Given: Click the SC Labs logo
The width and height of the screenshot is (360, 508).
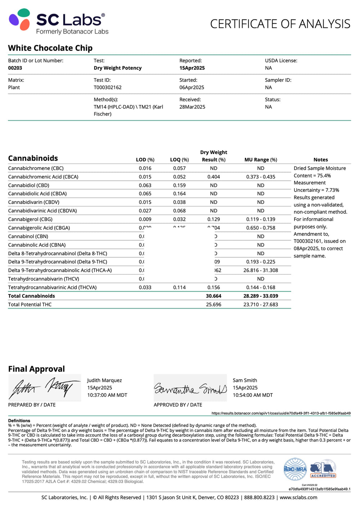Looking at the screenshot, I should [x=58, y=22].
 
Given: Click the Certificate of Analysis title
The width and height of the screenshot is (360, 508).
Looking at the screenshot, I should [x=280, y=24].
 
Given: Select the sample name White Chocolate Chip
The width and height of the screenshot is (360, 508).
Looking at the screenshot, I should [x=50, y=48].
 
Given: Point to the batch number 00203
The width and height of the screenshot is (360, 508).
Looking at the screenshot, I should [x=15, y=68].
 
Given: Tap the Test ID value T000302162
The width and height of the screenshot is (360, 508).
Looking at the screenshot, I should [x=108, y=87].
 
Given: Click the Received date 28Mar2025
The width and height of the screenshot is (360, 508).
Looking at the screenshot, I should [x=192, y=107].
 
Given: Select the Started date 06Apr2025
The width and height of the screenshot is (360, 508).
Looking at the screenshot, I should [x=192, y=87].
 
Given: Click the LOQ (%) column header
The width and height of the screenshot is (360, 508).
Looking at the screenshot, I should [x=179, y=160].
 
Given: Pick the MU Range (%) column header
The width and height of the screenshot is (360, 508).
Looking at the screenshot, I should [x=261, y=160].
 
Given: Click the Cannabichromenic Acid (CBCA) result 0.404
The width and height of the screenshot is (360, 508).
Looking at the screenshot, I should [x=213, y=177].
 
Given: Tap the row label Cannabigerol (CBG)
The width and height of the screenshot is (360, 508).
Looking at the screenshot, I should [x=30, y=219].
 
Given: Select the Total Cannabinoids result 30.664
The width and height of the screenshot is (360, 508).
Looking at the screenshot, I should [x=213, y=296].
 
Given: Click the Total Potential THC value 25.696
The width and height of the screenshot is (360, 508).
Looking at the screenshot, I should [x=213, y=305].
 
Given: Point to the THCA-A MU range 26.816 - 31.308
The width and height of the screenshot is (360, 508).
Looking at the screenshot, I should [x=261, y=270].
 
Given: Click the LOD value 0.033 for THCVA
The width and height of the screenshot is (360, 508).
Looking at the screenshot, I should [x=145, y=287].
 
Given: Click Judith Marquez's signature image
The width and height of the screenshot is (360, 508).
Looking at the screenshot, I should [x=45, y=388].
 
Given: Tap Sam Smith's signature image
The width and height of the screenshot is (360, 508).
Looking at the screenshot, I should [x=190, y=388].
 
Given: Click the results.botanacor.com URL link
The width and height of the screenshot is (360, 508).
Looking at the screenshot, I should [x=281, y=413].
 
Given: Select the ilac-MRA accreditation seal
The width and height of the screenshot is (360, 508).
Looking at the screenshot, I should [x=295, y=469].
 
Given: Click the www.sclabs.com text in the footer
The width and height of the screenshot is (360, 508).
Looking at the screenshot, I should [x=298, y=498].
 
